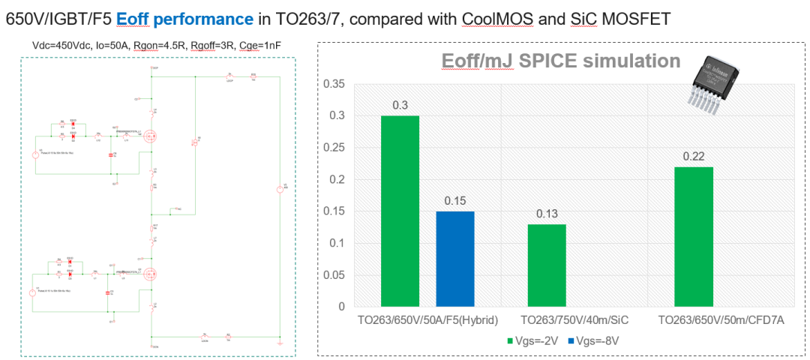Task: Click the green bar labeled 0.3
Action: (x=400, y=211)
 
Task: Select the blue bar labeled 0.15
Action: (x=455, y=259)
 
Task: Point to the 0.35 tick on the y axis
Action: (x=334, y=84)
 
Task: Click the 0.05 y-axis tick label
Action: (x=334, y=274)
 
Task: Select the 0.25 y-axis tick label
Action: (x=334, y=148)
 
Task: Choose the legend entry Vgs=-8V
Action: (x=592, y=341)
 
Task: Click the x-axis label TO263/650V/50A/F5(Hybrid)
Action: (x=427, y=320)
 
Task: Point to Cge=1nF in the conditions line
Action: (x=262, y=46)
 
